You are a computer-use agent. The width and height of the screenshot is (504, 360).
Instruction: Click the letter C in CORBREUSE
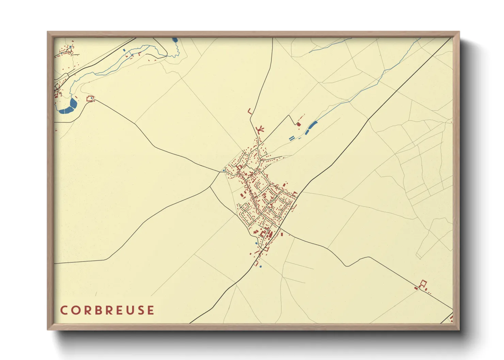(64, 310)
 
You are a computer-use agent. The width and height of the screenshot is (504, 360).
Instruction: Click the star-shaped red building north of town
(260, 129)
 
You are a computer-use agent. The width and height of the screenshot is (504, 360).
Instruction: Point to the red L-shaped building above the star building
(250, 111)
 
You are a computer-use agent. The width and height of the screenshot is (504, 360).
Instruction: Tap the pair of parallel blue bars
(292, 138)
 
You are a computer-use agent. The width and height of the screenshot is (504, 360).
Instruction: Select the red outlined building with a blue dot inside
(90, 99)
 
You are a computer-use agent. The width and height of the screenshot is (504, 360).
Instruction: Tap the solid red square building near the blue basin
(299, 124)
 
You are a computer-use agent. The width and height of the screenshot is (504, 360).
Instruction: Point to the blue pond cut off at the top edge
(175, 40)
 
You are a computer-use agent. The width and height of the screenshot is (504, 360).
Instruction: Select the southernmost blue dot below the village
(261, 267)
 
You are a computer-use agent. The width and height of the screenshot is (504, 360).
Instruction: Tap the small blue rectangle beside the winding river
(124, 50)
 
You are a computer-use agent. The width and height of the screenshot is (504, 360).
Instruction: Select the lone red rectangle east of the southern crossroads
(282, 234)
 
